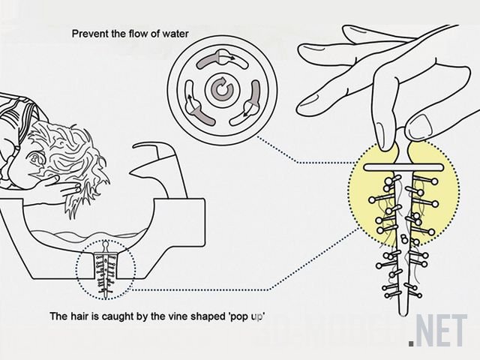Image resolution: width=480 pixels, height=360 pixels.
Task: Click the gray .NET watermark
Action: pos(438,331)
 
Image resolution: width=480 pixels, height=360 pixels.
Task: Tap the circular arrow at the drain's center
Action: pos(223,89)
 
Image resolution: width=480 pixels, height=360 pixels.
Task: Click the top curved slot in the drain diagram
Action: pos(221,60)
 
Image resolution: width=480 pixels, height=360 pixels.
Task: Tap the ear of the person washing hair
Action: pos(34,158)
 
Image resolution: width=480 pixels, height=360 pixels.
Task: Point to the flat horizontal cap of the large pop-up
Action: pos(403,167)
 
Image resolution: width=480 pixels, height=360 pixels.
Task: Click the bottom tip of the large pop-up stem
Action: pos(403,315)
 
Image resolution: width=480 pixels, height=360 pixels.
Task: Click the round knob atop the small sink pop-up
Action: pos(105,245)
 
